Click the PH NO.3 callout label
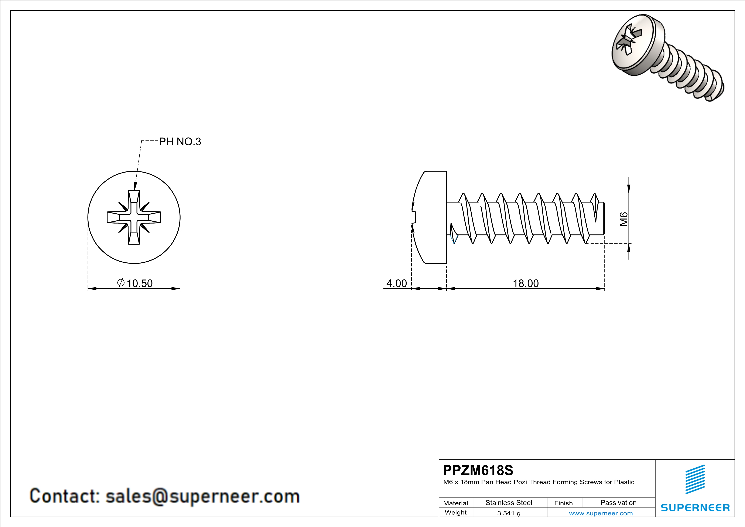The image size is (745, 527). (x=180, y=142)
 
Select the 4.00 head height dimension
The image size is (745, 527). (x=396, y=283)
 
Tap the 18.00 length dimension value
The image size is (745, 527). (x=525, y=283)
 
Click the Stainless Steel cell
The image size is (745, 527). (x=508, y=503)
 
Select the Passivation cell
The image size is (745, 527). (x=618, y=503)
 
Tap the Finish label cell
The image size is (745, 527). (x=563, y=503)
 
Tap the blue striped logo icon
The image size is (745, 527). (x=695, y=479)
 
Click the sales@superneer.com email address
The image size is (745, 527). (x=202, y=496)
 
